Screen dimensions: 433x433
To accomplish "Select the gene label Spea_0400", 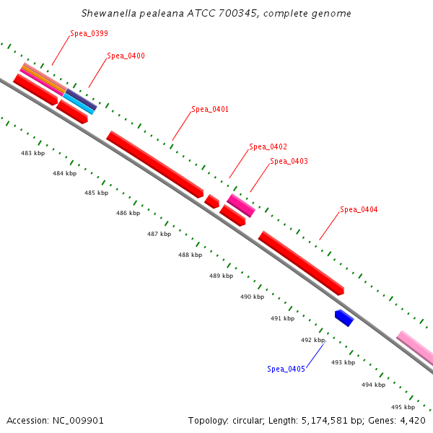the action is pyautogui.click(x=126, y=56).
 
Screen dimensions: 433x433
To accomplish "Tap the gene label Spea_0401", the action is pyautogui.click(x=210, y=110).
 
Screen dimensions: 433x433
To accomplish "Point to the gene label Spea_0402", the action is pyautogui.click(x=268, y=146).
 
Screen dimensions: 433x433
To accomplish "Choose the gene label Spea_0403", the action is pyautogui.click(x=289, y=161).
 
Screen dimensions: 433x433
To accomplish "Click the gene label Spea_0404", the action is pyautogui.click(x=359, y=209).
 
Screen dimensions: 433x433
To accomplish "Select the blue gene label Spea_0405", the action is pyautogui.click(x=286, y=369).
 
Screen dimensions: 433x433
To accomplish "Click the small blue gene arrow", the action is pyautogui.click(x=344, y=318).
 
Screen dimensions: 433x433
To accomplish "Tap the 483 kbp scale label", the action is pyautogui.click(x=32, y=153).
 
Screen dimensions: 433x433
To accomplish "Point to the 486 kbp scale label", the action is pyautogui.click(x=128, y=213).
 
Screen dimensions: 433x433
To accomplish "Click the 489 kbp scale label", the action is pyautogui.click(x=221, y=276).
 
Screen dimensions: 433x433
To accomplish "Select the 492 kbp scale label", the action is pyautogui.click(x=312, y=340).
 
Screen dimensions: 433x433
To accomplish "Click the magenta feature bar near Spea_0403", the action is pyautogui.click(x=241, y=205).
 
